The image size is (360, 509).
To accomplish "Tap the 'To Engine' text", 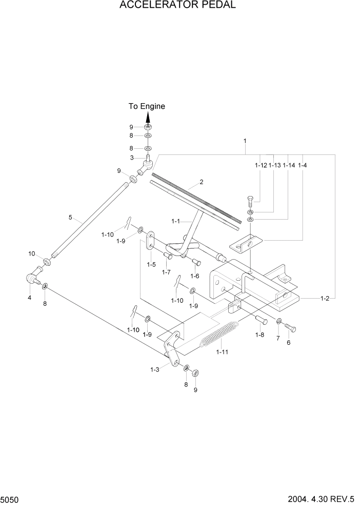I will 147,106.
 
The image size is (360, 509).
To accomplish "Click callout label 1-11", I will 223,352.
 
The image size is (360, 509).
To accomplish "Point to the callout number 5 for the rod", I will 70,217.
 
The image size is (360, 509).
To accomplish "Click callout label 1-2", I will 325,298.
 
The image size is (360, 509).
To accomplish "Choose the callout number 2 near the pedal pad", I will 202,182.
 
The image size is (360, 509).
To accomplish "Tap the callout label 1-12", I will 261,165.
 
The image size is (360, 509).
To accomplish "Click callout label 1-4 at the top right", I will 302,165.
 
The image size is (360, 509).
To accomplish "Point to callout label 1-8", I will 260,335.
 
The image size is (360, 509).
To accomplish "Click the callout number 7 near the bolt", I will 278,339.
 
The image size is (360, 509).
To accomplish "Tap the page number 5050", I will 10,499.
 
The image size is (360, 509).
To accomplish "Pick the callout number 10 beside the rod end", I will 32,254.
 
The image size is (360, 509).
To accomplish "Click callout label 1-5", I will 151,264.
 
